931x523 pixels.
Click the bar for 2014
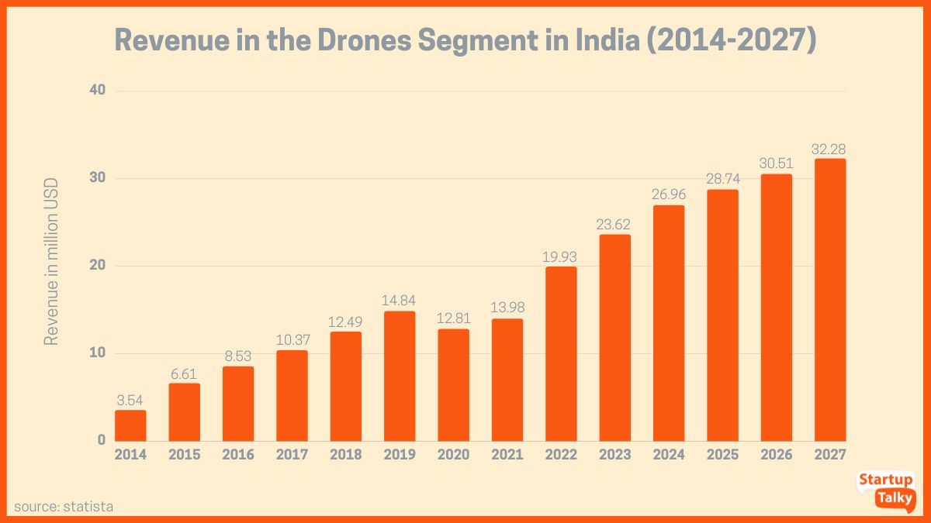(x=130, y=425)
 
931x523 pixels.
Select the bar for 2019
(x=400, y=377)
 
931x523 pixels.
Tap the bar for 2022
(x=561, y=354)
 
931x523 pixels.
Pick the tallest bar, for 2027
(x=830, y=301)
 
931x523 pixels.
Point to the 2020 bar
(x=453, y=385)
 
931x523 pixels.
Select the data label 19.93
(x=561, y=256)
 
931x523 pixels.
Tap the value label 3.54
(x=130, y=400)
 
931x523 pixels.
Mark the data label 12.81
(x=453, y=318)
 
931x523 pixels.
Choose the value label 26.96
(x=669, y=195)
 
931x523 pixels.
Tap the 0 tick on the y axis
(x=100, y=441)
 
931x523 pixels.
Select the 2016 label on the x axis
(x=238, y=455)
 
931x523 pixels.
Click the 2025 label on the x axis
(x=722, y=455)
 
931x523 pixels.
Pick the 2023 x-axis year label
(x=614, y=455)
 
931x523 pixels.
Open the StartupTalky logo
(x=886, y=490)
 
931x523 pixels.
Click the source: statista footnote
(x=64, y=507)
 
